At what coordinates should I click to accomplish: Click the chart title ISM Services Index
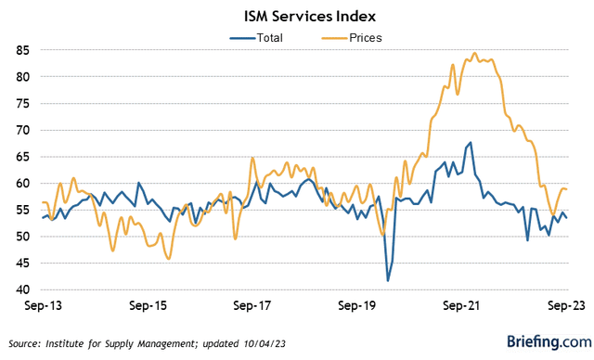[296, 16]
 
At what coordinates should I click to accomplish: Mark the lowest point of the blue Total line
[388, 280]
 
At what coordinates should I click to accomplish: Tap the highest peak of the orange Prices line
[474, 53]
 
